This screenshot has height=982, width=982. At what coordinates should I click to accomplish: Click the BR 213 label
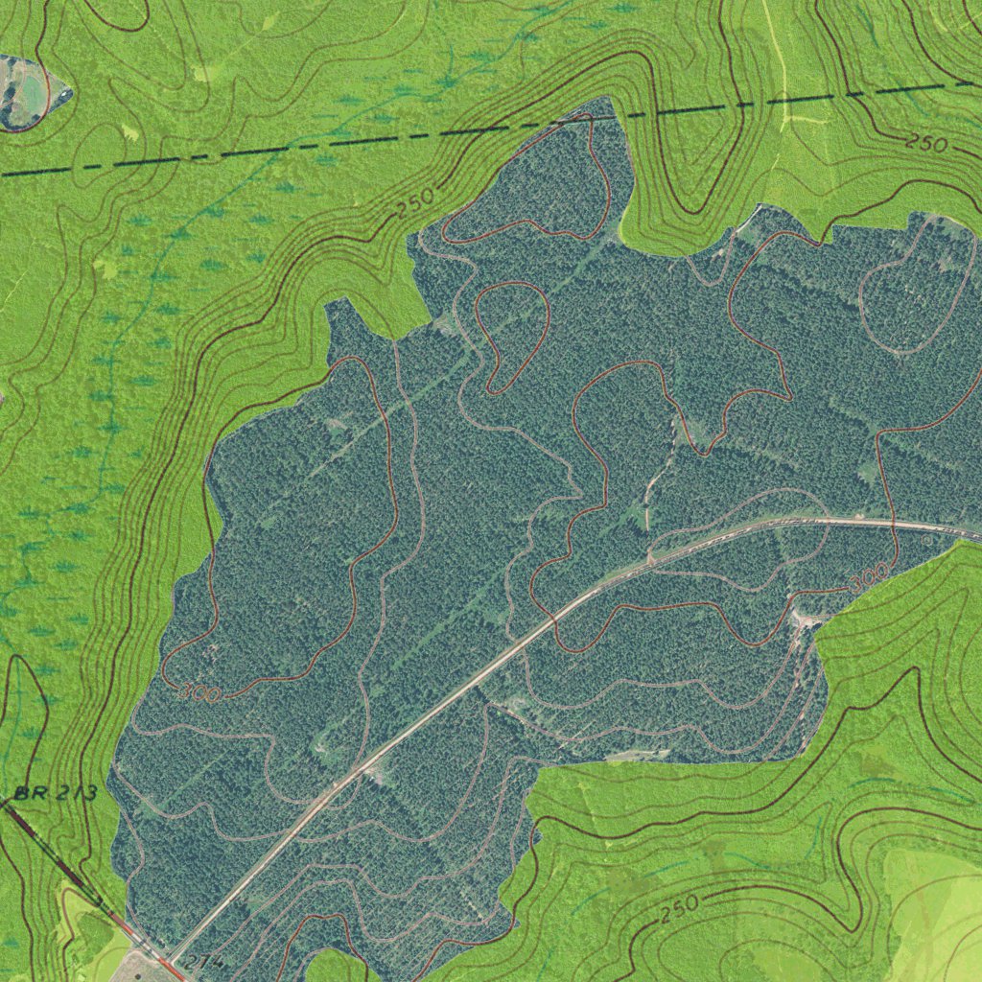click(56, 794)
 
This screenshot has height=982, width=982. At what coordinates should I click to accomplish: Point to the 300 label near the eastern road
click(869, 578)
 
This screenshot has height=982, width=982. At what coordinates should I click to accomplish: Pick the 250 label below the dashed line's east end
click(927, 145)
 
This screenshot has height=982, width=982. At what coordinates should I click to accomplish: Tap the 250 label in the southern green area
click(679, 910)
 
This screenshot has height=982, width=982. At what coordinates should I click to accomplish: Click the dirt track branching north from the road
click(656, 489)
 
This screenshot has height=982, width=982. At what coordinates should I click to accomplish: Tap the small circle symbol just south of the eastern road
click(926, 541)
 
